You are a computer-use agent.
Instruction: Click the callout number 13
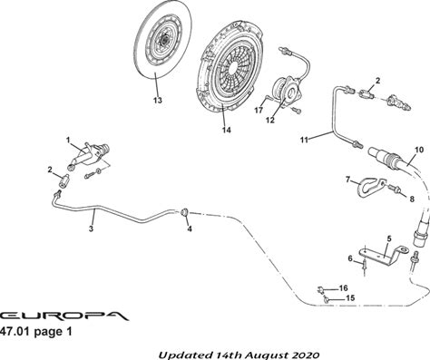coord(158,100)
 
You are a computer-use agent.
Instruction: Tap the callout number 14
coord(226,130)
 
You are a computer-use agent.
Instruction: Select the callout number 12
coord(270,120)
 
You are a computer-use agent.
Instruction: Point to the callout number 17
coord(259,111)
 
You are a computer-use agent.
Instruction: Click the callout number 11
coord(304,140)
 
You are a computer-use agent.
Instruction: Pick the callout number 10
coord(419,150)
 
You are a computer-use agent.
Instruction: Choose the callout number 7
coord(347,180)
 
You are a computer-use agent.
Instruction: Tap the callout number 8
coord(412,199)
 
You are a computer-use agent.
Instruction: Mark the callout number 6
coord(350,258)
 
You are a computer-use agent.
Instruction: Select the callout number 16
coord(343,288)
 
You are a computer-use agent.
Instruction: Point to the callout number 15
coord(350,298)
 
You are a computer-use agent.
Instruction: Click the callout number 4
coord(190,229)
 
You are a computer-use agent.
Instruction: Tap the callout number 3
coord(91,229)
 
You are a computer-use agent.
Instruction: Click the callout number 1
coord(68,141)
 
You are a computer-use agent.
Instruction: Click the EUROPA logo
coord(64,316)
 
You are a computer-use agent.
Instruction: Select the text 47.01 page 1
coord(36,332)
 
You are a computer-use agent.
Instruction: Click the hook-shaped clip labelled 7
coord(370,187)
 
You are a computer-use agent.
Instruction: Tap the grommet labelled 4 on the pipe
coord(184,212)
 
